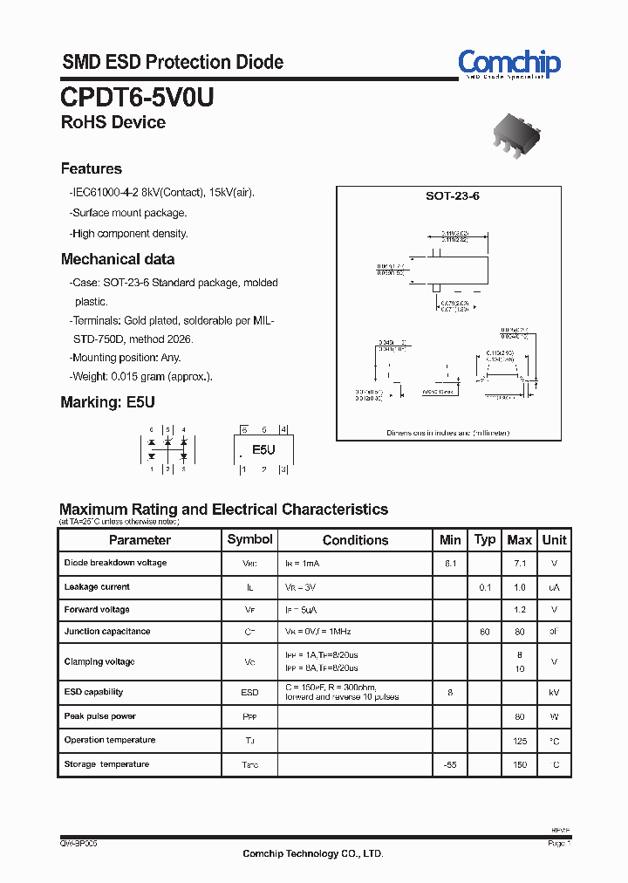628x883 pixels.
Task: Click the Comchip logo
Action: tap(509, 63)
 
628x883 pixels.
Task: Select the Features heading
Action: tap(92, 168)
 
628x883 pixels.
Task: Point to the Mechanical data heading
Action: tap(118, 259)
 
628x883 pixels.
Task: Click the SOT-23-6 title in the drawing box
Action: tap(452, 196)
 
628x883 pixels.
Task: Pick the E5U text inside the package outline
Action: tap(263, 449)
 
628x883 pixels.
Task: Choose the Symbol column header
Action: tap(249, 539)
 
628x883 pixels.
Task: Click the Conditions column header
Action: tap(355, 540)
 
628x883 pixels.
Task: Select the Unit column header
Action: tap(554, 540)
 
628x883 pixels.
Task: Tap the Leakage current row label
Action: tap(97, 587)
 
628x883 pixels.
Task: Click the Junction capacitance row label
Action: tap(107, 631)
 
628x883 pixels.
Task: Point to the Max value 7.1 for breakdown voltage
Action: tap(520, 564)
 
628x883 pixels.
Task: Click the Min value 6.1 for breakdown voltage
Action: tap(450, 564)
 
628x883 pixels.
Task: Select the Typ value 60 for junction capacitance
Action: tap(485, 631)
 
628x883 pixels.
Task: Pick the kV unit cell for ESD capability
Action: tap(554, 692)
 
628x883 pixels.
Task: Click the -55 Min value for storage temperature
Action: tap(450, 764)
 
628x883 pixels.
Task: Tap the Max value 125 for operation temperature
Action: tap(520, 740)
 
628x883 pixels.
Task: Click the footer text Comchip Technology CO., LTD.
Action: tap(312, 854)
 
